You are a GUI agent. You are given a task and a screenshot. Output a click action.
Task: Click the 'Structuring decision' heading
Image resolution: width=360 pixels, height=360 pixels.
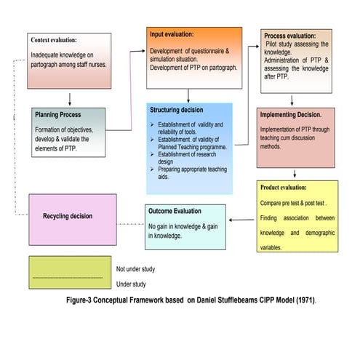point(177,110)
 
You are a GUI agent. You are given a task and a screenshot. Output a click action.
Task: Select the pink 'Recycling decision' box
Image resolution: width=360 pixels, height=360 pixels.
point(71,216)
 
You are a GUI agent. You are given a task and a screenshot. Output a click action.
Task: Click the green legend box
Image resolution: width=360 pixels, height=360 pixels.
point(70,273)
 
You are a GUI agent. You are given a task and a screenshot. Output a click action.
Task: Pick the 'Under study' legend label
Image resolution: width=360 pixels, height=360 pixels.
point(131,284)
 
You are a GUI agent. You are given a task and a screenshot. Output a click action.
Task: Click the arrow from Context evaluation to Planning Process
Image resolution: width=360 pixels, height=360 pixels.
point(70,98)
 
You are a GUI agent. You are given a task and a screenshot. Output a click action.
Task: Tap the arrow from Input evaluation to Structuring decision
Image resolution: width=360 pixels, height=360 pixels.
point(189,95)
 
